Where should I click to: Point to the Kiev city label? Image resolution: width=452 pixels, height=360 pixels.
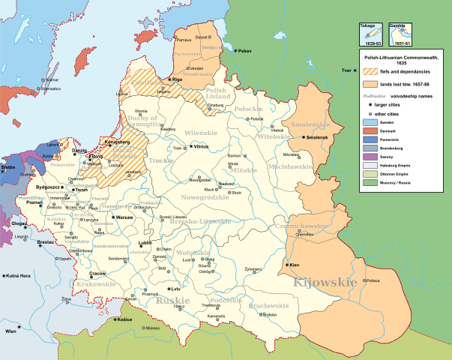click(295, 265)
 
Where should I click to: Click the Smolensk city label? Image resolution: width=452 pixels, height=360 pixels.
click(319, 138)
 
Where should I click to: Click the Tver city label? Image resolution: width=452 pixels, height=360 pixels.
click(346, 70)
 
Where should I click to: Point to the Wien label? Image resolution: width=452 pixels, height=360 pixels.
click(11, 330)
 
